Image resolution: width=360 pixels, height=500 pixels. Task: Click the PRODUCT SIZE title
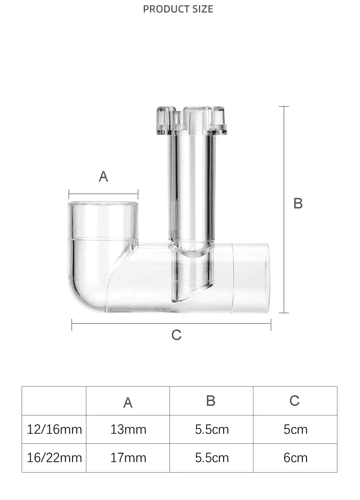click(178, 9)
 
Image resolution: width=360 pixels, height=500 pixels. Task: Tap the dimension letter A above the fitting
click(103, 177)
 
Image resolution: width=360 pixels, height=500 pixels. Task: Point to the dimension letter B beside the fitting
click(298, 204)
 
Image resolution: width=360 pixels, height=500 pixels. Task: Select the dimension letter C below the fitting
click(176, 335)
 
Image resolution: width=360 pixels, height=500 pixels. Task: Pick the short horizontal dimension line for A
click(103, 195)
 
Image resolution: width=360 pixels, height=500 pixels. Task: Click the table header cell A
click(128, 402)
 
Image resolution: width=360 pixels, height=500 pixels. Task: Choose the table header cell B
click(211, 401)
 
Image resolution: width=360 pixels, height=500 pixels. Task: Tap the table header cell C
click(295, 401)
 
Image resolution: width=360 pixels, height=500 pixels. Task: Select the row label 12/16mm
click(54, 429)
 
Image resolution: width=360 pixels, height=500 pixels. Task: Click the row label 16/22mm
click(54, 458)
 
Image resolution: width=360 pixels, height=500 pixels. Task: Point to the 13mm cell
click(128, 429)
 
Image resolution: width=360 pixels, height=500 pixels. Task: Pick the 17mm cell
click(128, 458)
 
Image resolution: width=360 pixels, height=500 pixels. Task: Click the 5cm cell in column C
click(295, 429)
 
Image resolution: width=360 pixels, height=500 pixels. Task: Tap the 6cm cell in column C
click(295, 458)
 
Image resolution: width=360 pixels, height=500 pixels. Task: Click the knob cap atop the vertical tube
click(192, 120)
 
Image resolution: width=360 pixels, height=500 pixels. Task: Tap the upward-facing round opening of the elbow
click(103, 205)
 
